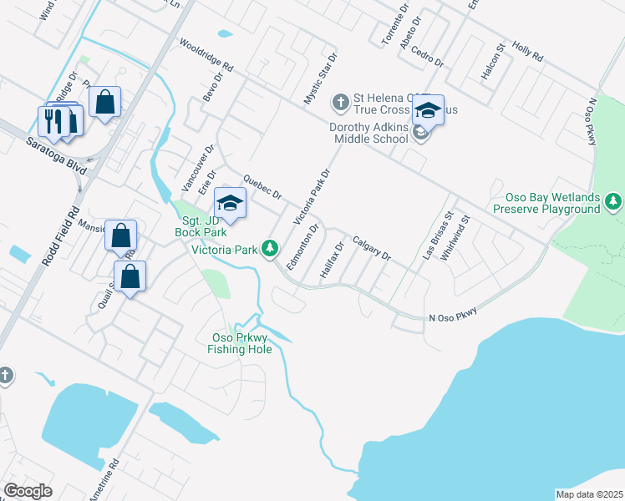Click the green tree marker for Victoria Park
(x=269, y=248)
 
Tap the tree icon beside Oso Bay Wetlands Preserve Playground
(x=614, y=201)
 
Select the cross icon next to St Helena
(x=340, y=102)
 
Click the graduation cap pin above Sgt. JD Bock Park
(x=231, y=203)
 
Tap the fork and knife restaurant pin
(x=52, y=119)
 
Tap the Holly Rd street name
(x=527, y=53)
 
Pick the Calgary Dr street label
(x=371, y=248)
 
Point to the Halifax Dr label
(x=332, y=261)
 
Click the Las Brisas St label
(x=437, y=238)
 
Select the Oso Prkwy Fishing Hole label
(x=240, y=343)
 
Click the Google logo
(x=28, y=491)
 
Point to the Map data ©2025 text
(x=589, y=494)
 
